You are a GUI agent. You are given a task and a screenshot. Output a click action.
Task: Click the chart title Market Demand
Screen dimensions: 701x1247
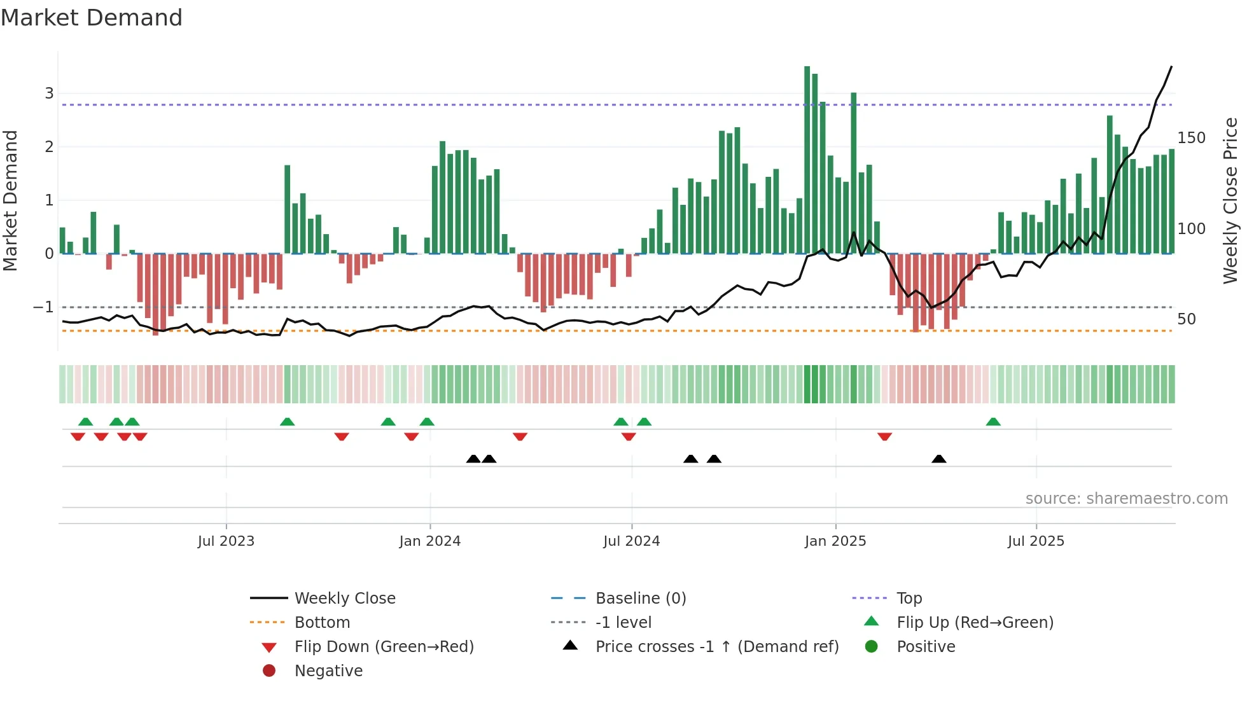[x=92, y=18]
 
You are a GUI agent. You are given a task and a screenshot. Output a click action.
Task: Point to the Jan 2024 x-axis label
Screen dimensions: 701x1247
[x=429, y=541]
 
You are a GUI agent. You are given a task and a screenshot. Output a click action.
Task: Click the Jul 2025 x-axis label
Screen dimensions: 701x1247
[x=1036, y=541]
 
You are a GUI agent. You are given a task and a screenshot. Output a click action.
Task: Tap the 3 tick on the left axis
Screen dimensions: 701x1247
[x=49, y=94]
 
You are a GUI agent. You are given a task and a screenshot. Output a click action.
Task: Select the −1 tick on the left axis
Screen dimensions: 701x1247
[x=43, y=307]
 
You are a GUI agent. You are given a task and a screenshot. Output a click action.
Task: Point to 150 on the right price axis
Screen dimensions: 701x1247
[x=1191, y=138]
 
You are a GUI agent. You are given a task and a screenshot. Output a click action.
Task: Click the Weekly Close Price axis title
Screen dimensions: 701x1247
[x=1230, y=200]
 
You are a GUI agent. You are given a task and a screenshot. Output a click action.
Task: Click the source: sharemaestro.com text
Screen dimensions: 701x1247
[x=1126, y=498]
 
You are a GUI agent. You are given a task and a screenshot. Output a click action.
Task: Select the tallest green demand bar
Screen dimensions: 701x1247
[x=807, y=159]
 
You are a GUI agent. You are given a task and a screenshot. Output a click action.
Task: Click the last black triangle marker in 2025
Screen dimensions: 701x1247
[x=938, y=459]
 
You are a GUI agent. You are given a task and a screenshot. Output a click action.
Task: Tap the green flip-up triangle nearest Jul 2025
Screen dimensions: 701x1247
[x=993, y=422]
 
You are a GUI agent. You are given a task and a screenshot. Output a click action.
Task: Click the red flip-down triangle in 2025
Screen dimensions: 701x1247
[x=884, y=436]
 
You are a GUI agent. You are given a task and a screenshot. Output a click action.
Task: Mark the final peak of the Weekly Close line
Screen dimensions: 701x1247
[x=1171, y=67]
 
